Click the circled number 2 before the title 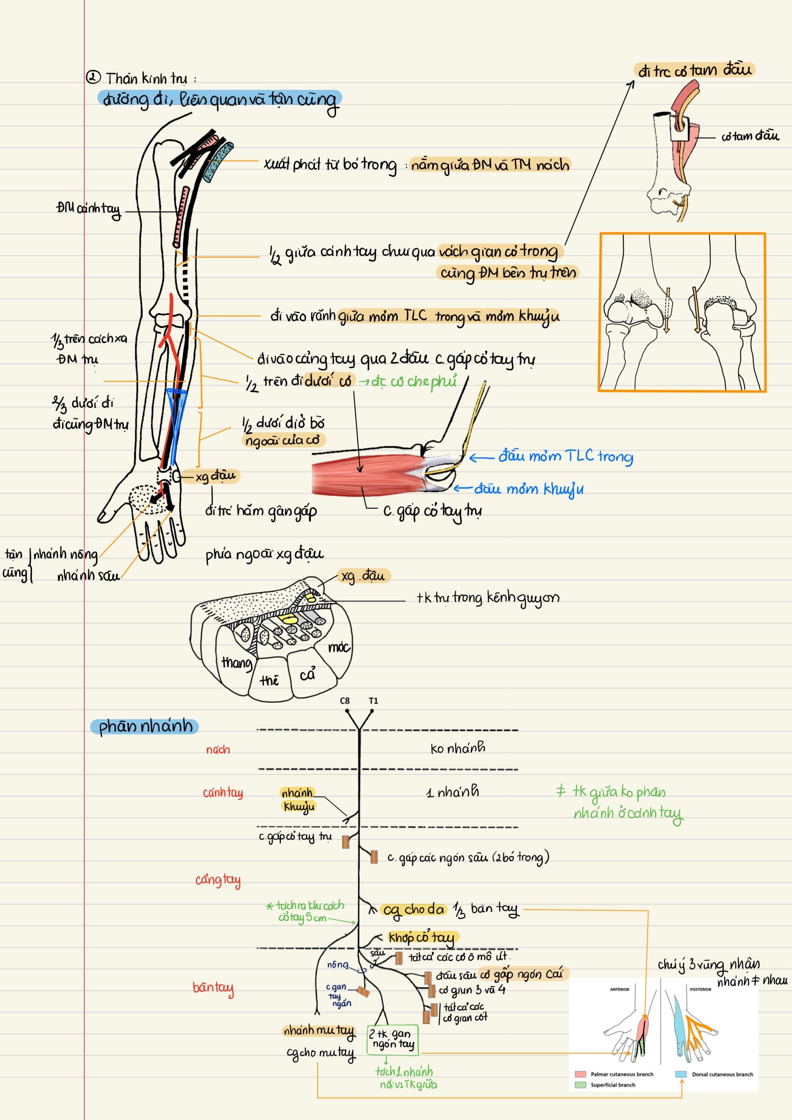(x=93, y=77)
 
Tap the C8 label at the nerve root (x=344, y=700)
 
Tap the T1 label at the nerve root (x=373, y=700)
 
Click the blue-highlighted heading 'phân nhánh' (x=145, y=726)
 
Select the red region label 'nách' (x=217, y=749)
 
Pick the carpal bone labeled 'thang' (x=236, y=662)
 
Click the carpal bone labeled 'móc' (x=338, y=647)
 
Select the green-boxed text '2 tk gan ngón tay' (x=392, y=1039)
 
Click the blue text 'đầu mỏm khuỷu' (x=529, y=489)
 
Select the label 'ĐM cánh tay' (x=88, y=209)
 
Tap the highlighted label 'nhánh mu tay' (x=319, y=1030)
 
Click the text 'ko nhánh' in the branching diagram (x=458, y=748)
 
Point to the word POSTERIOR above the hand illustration (x=700, y=989)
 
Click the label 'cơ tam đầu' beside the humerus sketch (x=750, y=136)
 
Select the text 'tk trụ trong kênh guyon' (x=487, y=598)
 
